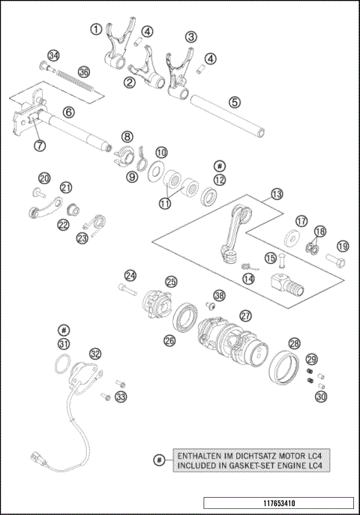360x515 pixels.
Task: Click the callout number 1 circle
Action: [x=96, y=29]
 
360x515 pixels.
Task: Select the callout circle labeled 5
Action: [x=235, y=102]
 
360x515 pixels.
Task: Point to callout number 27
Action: [x=244, y=316]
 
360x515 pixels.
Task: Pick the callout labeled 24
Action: [x=130, y=275]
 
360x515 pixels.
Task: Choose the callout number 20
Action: [x=44, y=178]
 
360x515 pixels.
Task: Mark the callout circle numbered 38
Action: [x=219, y=295]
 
